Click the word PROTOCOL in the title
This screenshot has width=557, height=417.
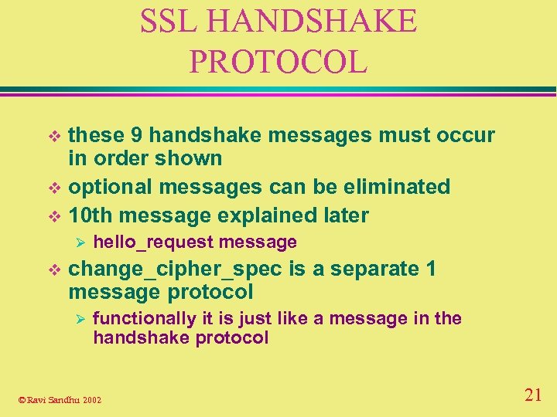coord(278,62)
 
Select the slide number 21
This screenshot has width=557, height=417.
coord(532,395)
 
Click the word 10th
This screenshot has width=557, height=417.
coord(91,215)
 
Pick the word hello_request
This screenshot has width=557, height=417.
coord(153,242)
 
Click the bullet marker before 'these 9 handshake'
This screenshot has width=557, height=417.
coord(53,137)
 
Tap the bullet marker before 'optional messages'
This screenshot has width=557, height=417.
coord(53,188)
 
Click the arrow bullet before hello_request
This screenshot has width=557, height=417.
coord(76,242)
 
